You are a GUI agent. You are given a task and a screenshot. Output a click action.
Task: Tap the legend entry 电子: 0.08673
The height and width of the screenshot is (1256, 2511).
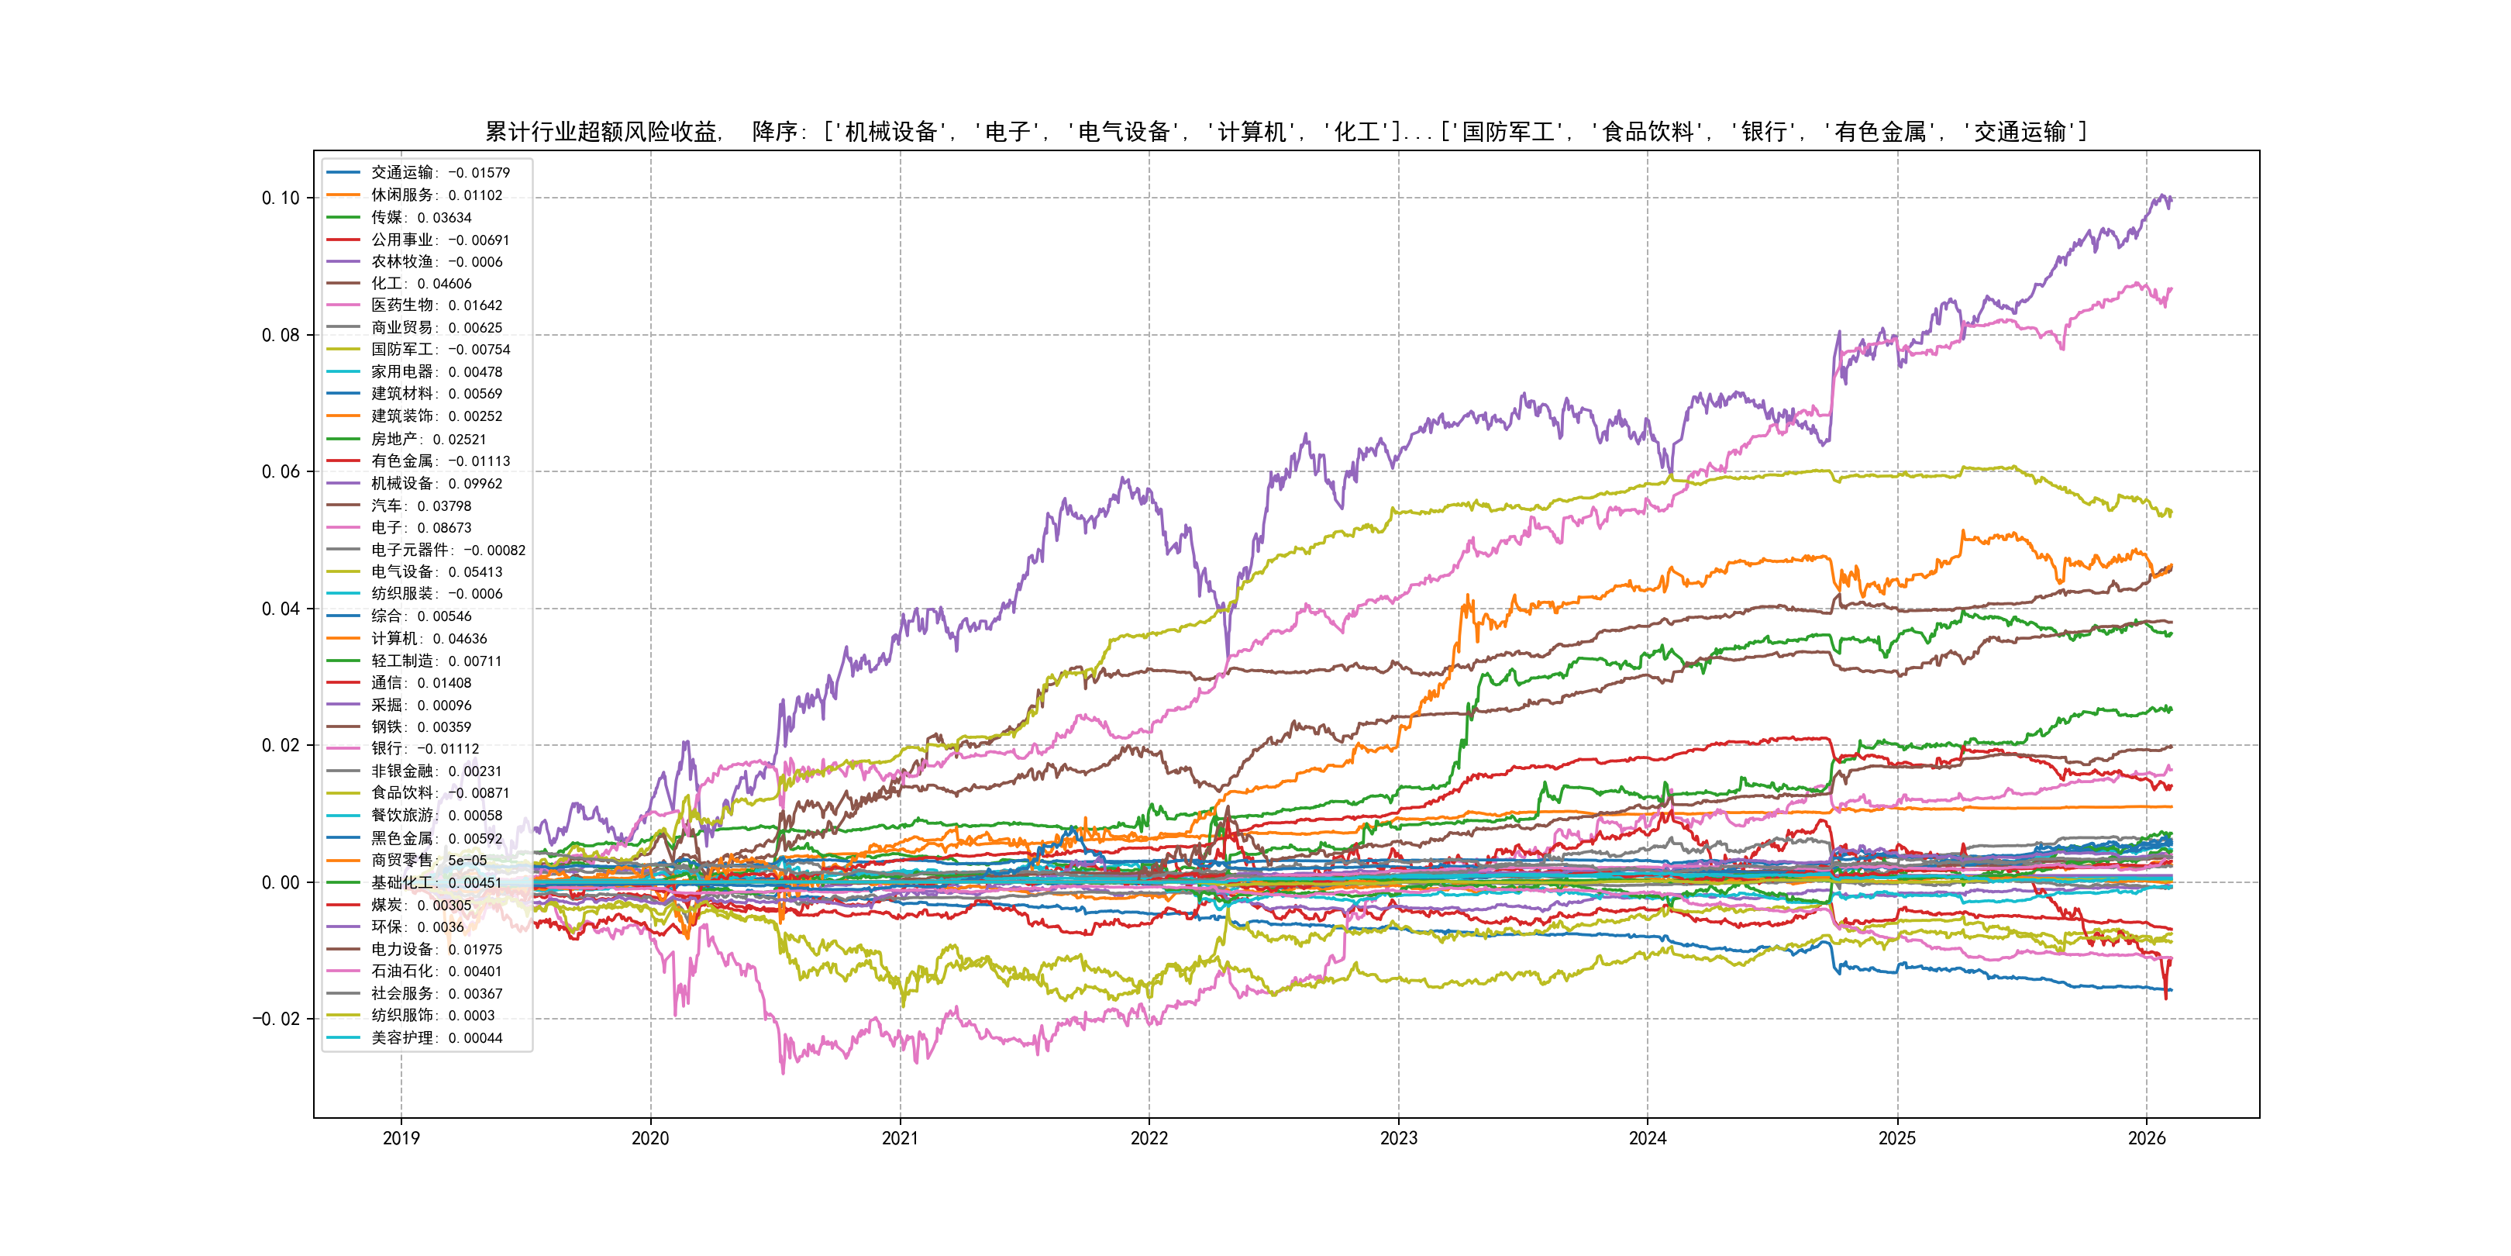pyautogui.click(x=420, y=527)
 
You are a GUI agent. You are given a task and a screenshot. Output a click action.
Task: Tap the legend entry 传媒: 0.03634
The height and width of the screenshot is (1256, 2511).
pyautogui.click(x=420, y=217)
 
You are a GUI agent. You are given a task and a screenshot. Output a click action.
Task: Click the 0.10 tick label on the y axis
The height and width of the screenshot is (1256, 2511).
pyautogui.click(x=281, y=198)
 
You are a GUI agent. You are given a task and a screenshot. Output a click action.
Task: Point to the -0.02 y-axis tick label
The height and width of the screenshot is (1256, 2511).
pyautogui.click(x=276, y=1019)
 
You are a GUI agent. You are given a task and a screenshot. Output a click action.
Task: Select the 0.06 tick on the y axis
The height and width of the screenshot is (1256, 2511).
pyautogui.click(x=281, y=472)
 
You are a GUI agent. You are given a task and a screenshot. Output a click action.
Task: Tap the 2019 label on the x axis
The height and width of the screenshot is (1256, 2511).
pyautogui.click(x=401, y=1138)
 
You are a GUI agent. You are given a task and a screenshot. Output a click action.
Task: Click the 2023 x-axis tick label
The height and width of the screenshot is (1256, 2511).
pyautogui.click(x=1398, y=1138)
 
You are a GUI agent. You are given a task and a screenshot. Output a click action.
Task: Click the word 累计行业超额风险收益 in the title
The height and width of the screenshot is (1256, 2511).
pyautogui.click(x=601, y=132)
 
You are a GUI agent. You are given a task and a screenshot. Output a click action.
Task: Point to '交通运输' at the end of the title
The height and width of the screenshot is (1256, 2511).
pyautogui.click(x=2020, y=132)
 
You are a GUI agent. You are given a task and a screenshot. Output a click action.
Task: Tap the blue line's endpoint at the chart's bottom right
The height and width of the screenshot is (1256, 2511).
pyautogui.click(x=2172, y=990)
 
